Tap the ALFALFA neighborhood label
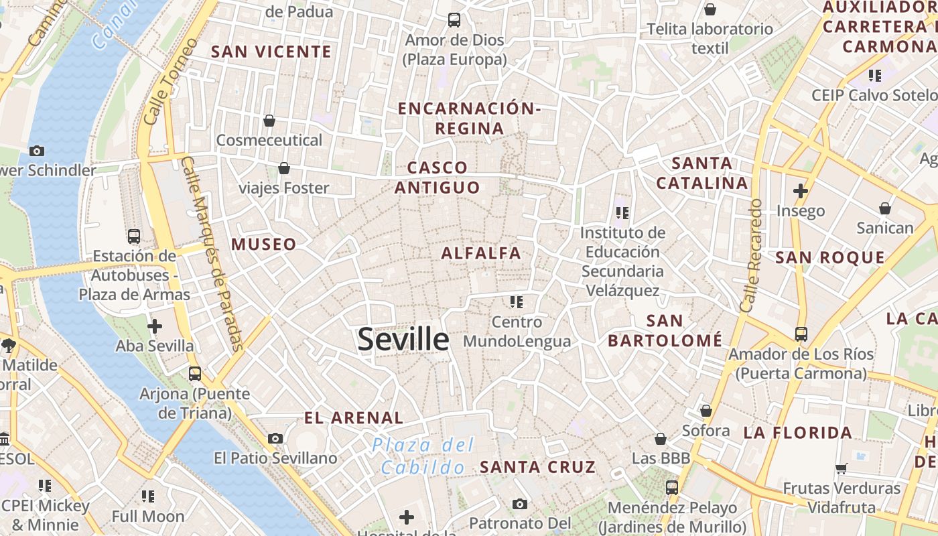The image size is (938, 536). tap(480, 253)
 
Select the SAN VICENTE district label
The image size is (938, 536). tap(271, 52)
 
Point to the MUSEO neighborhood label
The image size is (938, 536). tap(264, 245)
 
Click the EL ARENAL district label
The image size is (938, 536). tap(353, 418)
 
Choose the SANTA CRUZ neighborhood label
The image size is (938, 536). tap(538, 467)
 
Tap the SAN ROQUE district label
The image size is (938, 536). tap(830, 257)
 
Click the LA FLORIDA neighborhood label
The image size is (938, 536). tap(797, 433)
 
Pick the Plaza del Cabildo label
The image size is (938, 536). tap(423, 456)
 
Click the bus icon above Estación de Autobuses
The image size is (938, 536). tap(134, 236)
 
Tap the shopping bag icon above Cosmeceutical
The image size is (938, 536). tap(269, 121)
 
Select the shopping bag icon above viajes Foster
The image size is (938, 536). tap(284, 168)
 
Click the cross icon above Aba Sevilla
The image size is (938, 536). tap(155, 326)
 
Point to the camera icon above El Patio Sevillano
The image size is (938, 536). tap(275, 438)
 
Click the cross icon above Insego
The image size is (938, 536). tap(801, 191)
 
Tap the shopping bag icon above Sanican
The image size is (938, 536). tap(885, 208)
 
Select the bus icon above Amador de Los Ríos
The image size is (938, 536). tap(801, 334)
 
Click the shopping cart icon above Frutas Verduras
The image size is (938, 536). tap(841, 468)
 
